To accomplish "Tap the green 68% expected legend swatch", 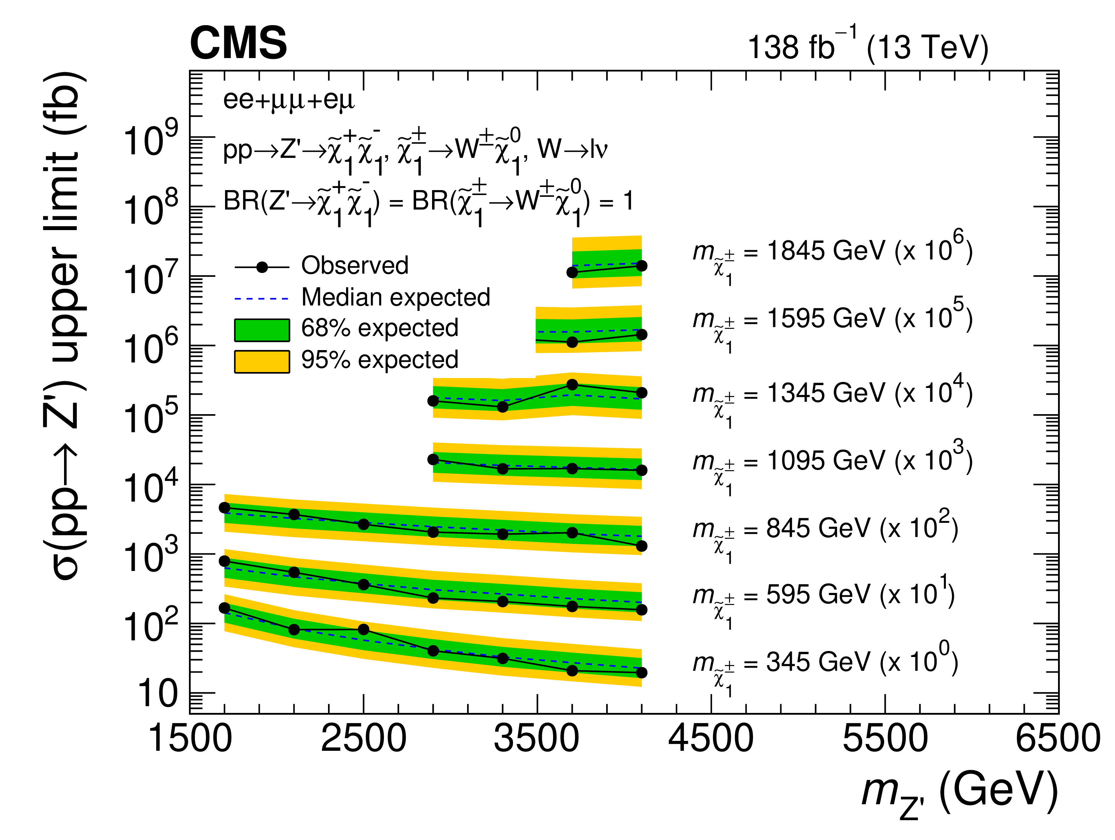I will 261,330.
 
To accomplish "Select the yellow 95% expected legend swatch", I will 261,361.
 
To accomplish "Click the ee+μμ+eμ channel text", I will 289,100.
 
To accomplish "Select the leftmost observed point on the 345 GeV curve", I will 224,608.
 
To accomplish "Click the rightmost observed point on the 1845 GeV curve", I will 641,266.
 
